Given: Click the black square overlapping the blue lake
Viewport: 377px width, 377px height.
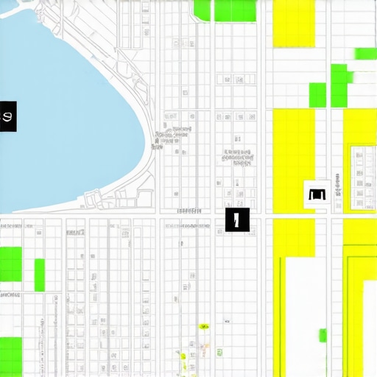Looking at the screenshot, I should [x=8, y=117].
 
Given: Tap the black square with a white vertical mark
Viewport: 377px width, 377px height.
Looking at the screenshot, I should [x=237, y=219].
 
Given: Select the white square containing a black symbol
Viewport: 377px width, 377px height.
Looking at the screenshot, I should [x=317, y=194].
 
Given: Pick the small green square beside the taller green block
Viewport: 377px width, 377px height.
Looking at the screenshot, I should [x=317, y=94].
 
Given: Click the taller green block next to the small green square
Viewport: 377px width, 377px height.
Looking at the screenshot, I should [x=339, y=85].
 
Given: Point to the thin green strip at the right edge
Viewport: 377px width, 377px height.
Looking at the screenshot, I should [x=365, y=54].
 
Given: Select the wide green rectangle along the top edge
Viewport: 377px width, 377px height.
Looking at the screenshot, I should [x=234, y=10].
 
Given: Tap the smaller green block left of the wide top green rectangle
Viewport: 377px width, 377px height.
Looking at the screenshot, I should [x=201, y=10].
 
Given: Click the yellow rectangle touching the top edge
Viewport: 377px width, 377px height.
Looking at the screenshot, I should [x=294, y=24].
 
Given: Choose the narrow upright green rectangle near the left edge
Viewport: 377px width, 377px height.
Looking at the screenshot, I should [x=40, y=275].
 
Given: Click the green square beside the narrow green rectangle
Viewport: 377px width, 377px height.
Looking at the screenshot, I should [x=11, y=264].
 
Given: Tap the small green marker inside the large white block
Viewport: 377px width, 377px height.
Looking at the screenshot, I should [x=323, y=336].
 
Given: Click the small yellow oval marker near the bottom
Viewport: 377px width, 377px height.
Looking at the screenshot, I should [x=204, y=326].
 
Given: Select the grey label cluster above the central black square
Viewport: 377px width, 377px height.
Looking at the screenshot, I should [x=237, y=156].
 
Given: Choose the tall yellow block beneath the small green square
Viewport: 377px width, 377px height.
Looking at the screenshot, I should [x=294, y=162].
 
